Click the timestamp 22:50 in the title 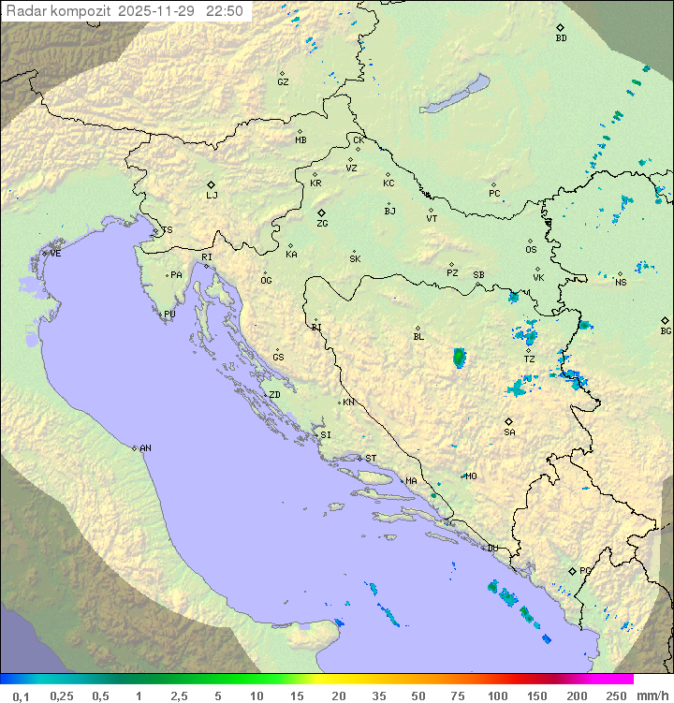225,11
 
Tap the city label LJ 212,196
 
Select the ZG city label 322,224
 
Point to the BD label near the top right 561,38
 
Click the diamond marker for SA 509,421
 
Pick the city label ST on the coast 371,459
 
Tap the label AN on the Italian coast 145,448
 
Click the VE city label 55,254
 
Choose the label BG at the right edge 666,330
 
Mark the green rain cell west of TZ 459,357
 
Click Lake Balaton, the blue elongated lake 455,95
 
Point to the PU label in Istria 169,315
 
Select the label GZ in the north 283,82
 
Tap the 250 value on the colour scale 615,696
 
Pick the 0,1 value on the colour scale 21,696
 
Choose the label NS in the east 621,282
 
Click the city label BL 418,336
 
